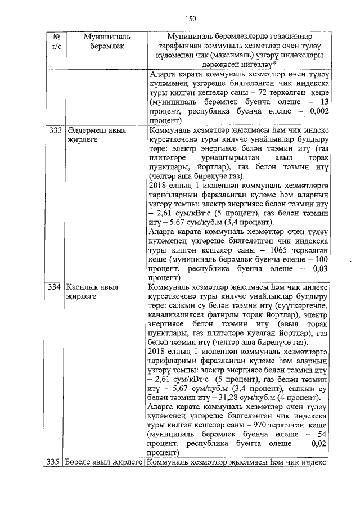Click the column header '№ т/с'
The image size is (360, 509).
click(x=56, y=41)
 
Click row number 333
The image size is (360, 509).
click(x=55, y=130)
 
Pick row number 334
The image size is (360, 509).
click(x=55, y=287)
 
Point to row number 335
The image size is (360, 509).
click(x=55, y=462)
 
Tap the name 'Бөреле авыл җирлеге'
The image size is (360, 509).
click(x=104, y=462)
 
